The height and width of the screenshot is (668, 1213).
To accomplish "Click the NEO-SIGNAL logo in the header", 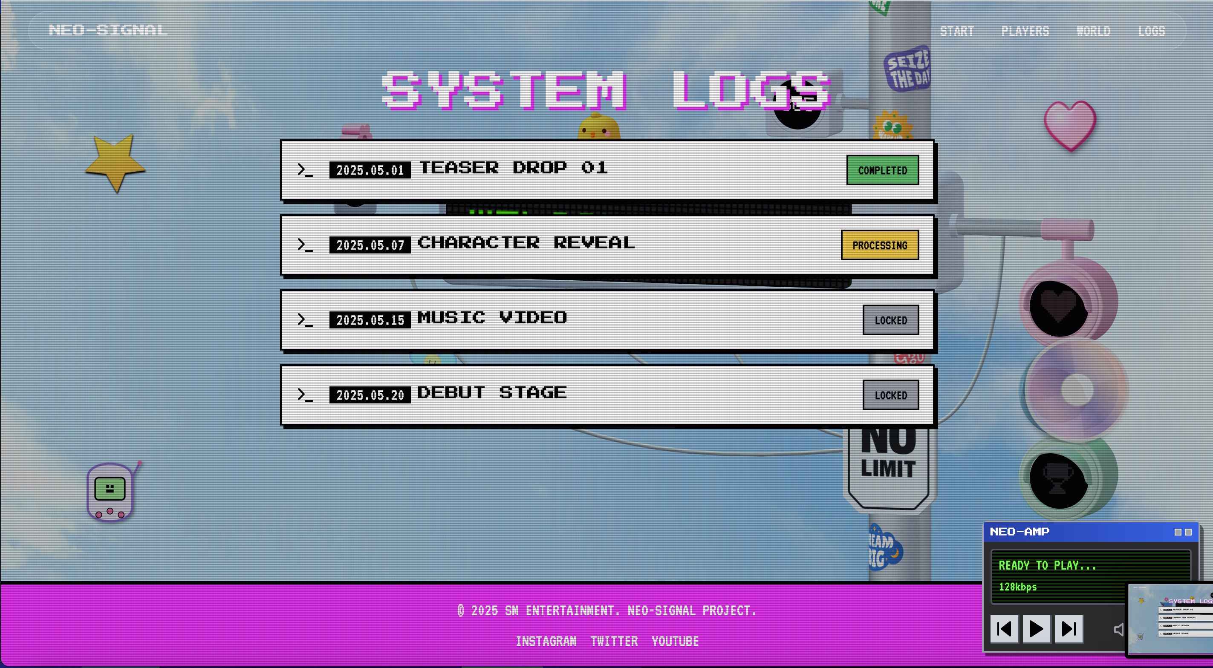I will click(108, 30).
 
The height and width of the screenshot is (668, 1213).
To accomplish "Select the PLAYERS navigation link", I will click(1025, 32).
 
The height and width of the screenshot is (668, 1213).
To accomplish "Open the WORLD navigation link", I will click(1093, 32).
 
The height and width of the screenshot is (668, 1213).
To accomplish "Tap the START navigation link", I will click(956, 32).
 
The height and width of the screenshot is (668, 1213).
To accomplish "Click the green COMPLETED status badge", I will click(882, 170).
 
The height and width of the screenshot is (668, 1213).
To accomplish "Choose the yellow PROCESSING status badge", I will click(879, 245).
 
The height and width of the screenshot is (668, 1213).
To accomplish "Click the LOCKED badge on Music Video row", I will click(890, 320).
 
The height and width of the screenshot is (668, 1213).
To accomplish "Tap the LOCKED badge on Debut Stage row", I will click(890, 395).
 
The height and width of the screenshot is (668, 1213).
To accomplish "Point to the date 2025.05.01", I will click(370, 170).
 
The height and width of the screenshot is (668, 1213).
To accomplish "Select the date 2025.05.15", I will click(370, 320).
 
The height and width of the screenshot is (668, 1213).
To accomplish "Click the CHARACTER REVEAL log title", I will click(526, 243).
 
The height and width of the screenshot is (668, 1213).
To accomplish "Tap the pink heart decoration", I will click(1070, 125).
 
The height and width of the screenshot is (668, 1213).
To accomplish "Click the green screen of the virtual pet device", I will click(110, 489).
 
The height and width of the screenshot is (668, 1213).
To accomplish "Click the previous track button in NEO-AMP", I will click(1003, 628).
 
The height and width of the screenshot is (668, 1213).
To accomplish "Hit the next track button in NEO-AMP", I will click(1069, 628).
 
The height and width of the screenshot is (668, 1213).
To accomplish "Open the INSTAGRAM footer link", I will click(546, 641).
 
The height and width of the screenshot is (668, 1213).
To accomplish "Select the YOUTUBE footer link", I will click(675, 641).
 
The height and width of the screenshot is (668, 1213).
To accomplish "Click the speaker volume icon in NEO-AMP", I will click(1118, 629).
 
